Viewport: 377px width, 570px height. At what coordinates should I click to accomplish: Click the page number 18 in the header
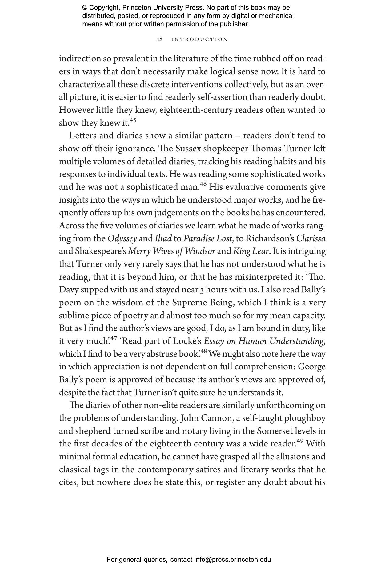tap(160, 39)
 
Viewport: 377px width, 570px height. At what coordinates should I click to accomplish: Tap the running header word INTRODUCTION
tap(199, 39)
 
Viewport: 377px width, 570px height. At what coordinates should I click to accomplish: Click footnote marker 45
tap(133, 120)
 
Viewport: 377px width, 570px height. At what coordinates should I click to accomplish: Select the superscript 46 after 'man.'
tap(203, 184)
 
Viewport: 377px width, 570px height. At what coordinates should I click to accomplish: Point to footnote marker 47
tap(114, 338)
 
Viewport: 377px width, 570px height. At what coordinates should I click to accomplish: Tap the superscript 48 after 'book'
tap(204, 351)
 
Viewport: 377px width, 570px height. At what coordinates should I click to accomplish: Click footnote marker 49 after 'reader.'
tap(300, 441)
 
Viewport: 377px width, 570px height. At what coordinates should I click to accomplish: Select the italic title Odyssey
tap(122, 238)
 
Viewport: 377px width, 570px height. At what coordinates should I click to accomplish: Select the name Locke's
tap(187, 341)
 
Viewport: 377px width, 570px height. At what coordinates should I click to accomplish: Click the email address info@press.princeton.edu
tap(232, 560)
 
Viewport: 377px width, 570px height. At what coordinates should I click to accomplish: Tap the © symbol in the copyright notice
tap(85, 8)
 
